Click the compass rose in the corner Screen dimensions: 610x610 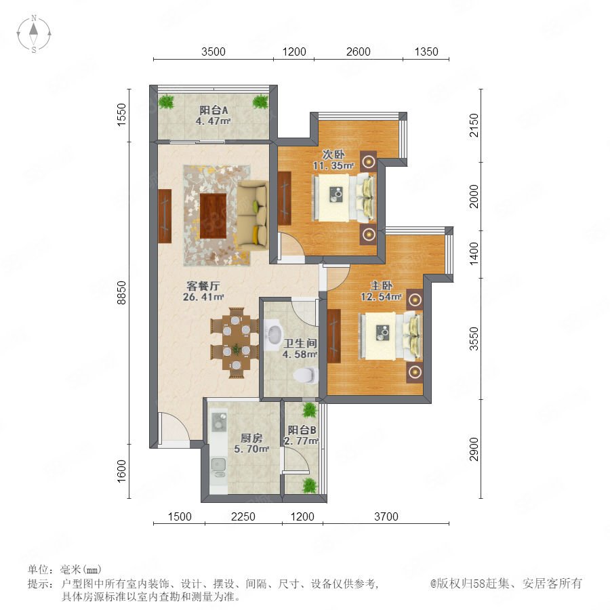pos(34,33)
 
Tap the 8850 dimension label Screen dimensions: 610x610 pos(122,292)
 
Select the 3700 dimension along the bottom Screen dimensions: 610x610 pos(386,516)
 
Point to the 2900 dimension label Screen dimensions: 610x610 pos(474,449)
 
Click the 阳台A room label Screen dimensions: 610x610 pos(213,110)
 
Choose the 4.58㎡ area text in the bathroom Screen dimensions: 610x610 pos(300,354)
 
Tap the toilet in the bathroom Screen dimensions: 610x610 pos(306,375)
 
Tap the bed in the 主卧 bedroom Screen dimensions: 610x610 pos(391,336)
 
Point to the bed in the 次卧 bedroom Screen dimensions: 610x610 pos(344,198)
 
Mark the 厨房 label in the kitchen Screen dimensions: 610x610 pos(251,438)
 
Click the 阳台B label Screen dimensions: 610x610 pos(302,430)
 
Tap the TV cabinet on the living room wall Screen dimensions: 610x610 pos(165,216)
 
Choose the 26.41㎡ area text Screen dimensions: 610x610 pos(203,298)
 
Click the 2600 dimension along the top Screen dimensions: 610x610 pos(359,52)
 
